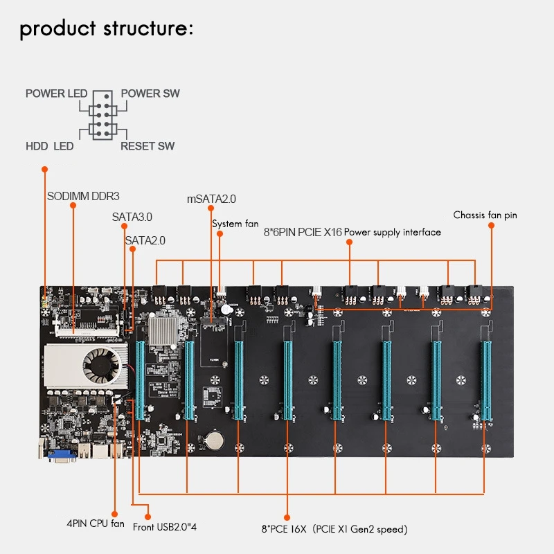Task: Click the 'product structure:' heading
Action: pos(107,29)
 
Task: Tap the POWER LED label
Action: pos(57,93)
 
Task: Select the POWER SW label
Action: pos(150,93)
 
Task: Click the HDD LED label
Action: pos(49,146)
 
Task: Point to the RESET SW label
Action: pos(148,146)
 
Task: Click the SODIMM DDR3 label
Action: pos(83,196)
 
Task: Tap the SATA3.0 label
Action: pos(132,217)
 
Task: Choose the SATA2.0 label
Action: pos(145,240)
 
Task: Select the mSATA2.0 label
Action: pos(211,199)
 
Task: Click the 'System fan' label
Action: pos(235,224)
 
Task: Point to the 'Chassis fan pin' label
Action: pos(485,215)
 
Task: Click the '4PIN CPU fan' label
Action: pos(96,524)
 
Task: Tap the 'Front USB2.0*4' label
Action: pos(165,527)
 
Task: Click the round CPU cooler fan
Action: pos(102,366)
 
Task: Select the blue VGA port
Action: pos(62,455)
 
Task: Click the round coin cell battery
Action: pos(215,440)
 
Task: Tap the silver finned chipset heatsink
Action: pos(163,331)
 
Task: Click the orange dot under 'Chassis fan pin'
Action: pos(491,226)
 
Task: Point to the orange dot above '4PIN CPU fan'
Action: pos(114,514)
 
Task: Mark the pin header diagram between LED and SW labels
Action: pos(102,115)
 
